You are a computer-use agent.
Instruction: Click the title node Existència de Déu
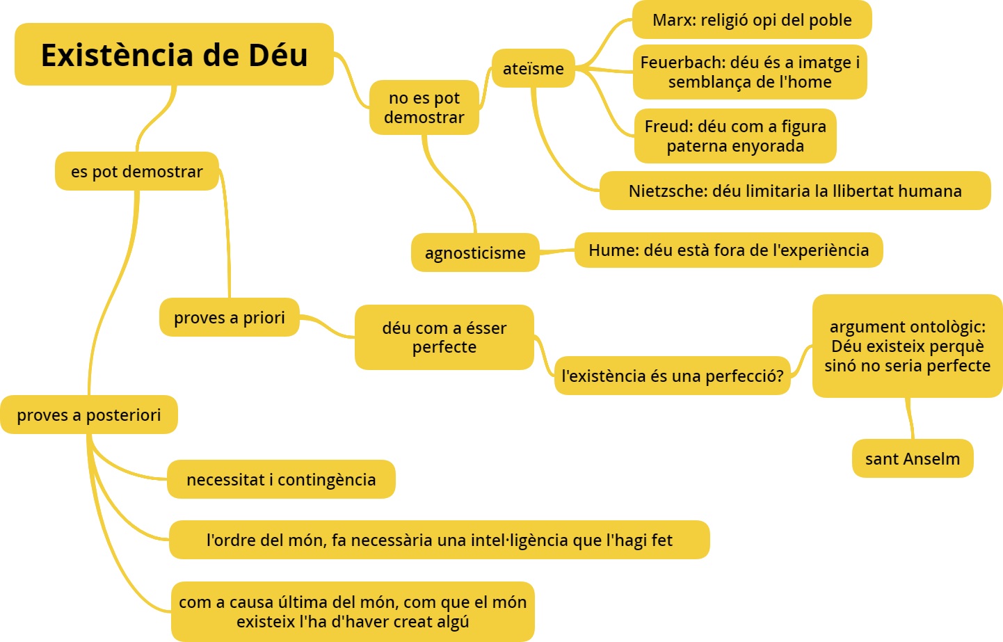click(x=174, y=54)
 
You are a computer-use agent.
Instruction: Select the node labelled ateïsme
click(x=533, y=68)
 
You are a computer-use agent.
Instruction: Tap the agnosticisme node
click(x=475, y=252)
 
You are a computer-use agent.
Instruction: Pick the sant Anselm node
click(x=913, y=458)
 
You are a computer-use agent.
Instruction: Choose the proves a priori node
click(x=230, y=317)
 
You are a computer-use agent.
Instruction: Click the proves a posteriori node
click(x=88, y=415)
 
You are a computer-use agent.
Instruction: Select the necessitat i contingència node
click(x=281, y=479)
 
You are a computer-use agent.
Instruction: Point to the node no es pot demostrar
click(x=424, y=107)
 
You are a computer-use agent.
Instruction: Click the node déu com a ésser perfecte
click(x=444, y=337)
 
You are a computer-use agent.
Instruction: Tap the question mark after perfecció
click(x=779, y=376)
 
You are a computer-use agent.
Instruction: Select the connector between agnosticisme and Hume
click(x=557, y=252)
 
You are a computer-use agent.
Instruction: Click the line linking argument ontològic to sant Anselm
click(x=910, y=418)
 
